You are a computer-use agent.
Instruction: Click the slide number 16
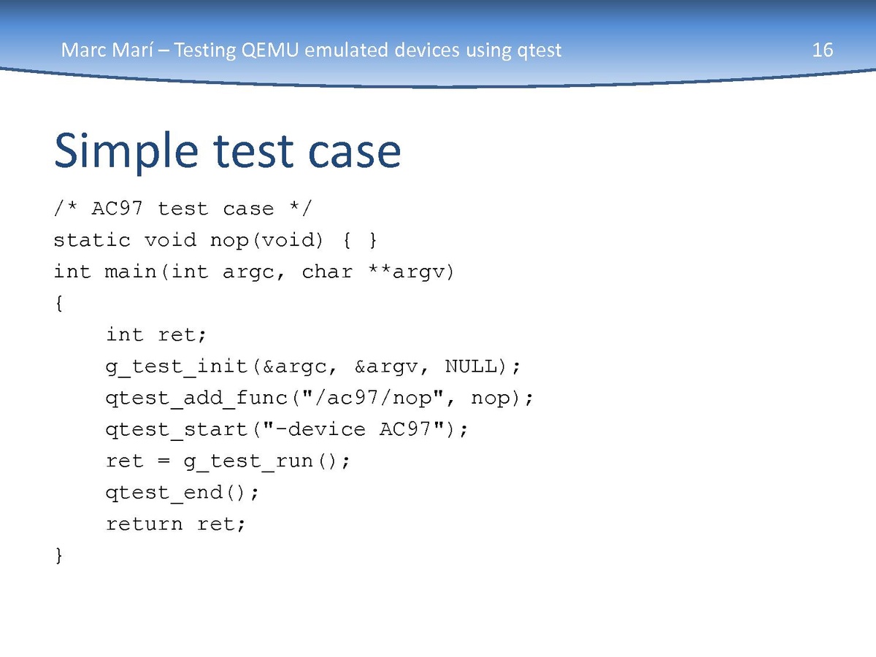823,50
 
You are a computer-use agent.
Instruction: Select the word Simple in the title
126,152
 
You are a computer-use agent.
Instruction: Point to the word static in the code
92,239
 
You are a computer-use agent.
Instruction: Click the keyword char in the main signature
327,272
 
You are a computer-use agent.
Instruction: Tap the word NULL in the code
471,366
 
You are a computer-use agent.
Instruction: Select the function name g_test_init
177,367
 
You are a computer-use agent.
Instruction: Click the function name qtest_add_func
196,399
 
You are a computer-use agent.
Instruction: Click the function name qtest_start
177,430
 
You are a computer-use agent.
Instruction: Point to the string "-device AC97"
353,429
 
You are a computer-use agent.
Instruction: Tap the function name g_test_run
248,461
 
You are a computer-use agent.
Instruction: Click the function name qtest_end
164,493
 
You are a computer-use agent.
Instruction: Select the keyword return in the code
144,524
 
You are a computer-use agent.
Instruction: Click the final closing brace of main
59,556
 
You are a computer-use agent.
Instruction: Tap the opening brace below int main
59,304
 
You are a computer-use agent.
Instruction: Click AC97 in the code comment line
117,208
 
